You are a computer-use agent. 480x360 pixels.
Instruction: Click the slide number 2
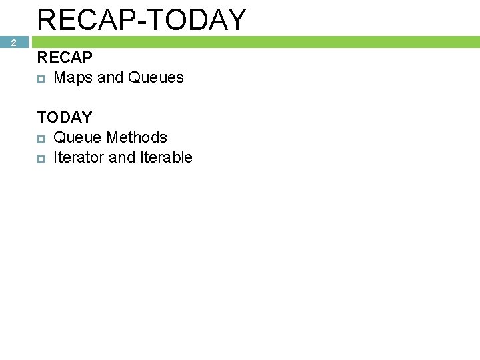pos(13,43)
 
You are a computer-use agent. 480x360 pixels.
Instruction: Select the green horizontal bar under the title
pos(253,42)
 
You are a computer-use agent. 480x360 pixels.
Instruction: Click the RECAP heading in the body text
pos(65,58)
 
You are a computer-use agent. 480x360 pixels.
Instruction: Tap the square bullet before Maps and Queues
pos(41,78)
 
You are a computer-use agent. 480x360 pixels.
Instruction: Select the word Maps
pos(73,78)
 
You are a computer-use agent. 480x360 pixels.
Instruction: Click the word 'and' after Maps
pos(110,78)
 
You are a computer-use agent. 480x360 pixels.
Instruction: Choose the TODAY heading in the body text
pos(65,118)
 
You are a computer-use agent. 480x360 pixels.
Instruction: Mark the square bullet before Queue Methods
pos(41,138)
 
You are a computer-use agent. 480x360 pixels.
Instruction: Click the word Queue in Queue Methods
pos(77,138)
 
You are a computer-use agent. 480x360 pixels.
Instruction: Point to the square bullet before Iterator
pos(41,158)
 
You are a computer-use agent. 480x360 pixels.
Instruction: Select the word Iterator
pos(79,158)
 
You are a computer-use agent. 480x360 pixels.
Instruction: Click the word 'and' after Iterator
pos(122,158)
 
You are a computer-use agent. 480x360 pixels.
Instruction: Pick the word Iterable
pos(166,158)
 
